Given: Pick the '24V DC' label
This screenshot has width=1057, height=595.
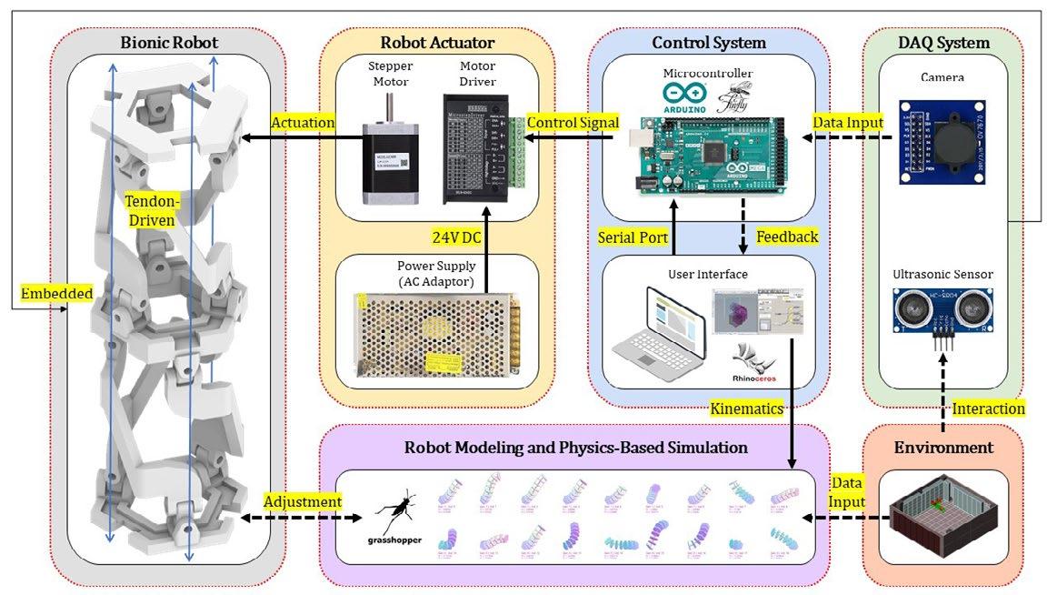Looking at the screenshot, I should [x=459, y=237].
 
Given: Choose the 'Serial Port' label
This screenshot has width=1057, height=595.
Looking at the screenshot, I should [x=633, y=237].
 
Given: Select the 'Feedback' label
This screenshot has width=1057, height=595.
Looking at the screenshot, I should [x=787, y=237].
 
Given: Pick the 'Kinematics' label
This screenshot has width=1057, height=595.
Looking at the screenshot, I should [x=746, y=409].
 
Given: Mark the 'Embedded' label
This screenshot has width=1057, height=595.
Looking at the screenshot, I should [x=57, y=294].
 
